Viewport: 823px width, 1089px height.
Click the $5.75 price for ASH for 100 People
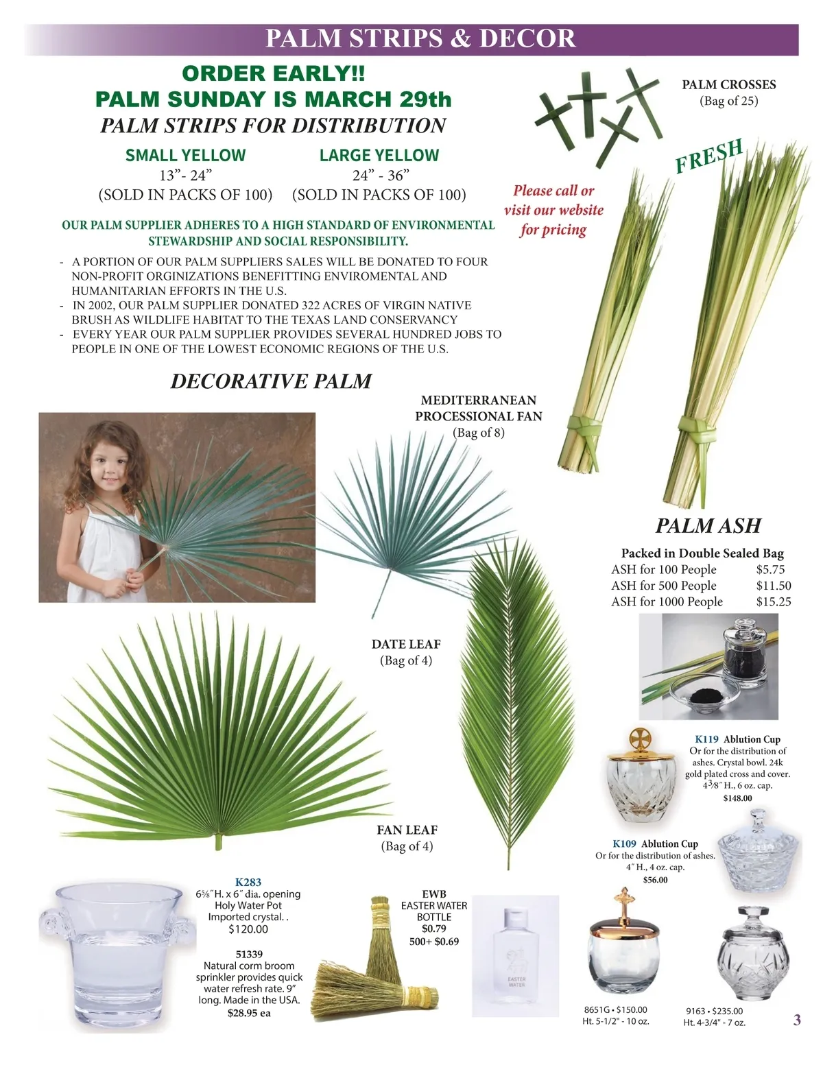pyautogui.click(x=770, y=569)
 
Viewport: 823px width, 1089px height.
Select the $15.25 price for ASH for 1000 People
pyautogui.click(x=774, y=601)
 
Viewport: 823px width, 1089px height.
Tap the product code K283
pyautogui.click(x=248, y=882)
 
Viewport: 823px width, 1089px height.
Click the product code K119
pyautogui.click(x=706, y=739)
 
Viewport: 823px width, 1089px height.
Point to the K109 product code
pyautogui.click(x=624, y=843)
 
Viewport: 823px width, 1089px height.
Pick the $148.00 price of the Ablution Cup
pyautogui.click(x=737, y=798)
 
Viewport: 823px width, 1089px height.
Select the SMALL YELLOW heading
pyautogui.click(x=186, y=155)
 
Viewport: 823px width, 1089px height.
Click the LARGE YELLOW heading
pyautogui.click(x=379, y=155)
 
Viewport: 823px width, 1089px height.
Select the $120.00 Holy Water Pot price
pyautogui.click(x=248, y=929)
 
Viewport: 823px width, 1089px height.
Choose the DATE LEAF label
pyautogui.click(x=406, y=644)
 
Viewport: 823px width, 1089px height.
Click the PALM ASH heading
pyautogui.click(x=708, y=526)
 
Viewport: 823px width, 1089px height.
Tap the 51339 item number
pyautogui.click(x=249, y=954)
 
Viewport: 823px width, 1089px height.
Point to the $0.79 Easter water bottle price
pyautogui.click(x=434, y=929)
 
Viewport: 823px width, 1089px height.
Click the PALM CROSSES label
pyautogui.click(x=729, y=85)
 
